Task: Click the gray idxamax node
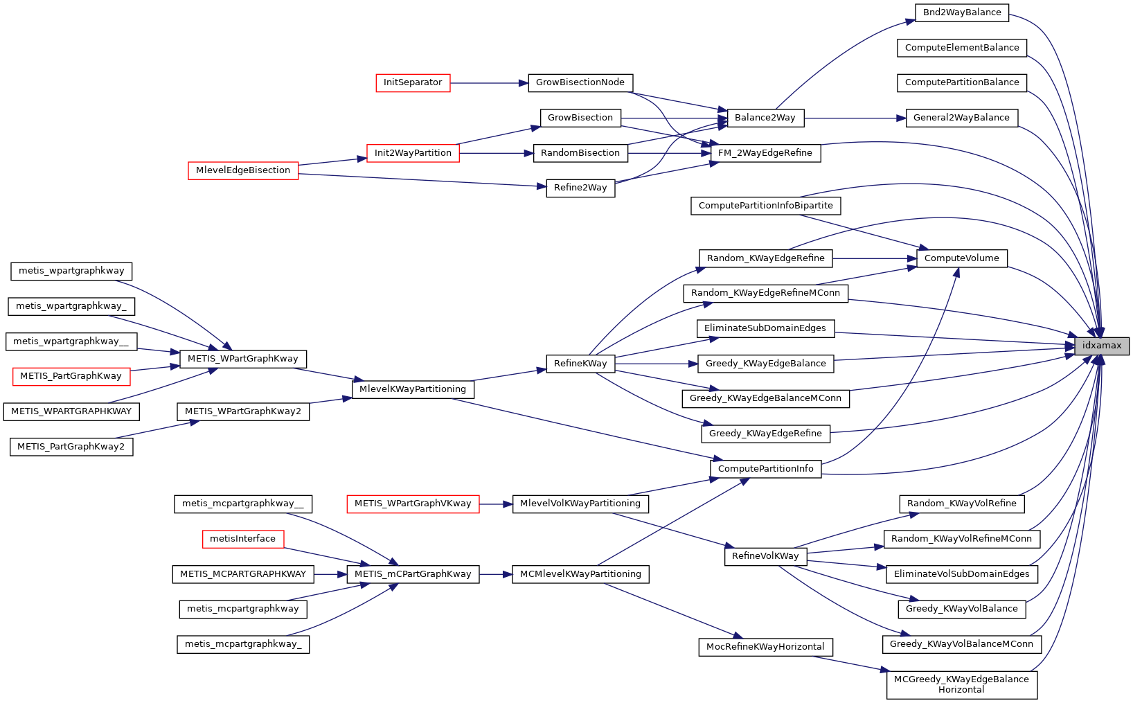pos(1102,346)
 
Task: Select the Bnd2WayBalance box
pos(962,12)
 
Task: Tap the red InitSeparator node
pos(413,82)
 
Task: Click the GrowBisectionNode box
pos(580,82)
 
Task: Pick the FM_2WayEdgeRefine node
pos(765,153)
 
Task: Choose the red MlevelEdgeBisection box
pos(243,170)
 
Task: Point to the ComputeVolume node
pos(961,258)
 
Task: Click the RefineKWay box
pos(580,364)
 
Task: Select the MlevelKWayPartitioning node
pos(413,389)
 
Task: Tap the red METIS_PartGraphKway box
pos(71,376)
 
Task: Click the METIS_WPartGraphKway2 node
pos(243,411)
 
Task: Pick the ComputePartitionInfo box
pos(765,469)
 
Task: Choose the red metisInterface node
pos(242,539)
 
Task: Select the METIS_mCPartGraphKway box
pos(413,574)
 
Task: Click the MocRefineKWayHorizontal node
pos(765,647)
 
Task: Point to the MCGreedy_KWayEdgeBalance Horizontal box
pos(961,684)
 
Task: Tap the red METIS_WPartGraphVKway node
pos(413,504)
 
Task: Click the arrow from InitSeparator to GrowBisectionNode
pos(489,83)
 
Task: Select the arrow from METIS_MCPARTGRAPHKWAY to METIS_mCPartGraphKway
pos(330,574)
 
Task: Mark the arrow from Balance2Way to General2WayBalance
pos(855,118)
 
